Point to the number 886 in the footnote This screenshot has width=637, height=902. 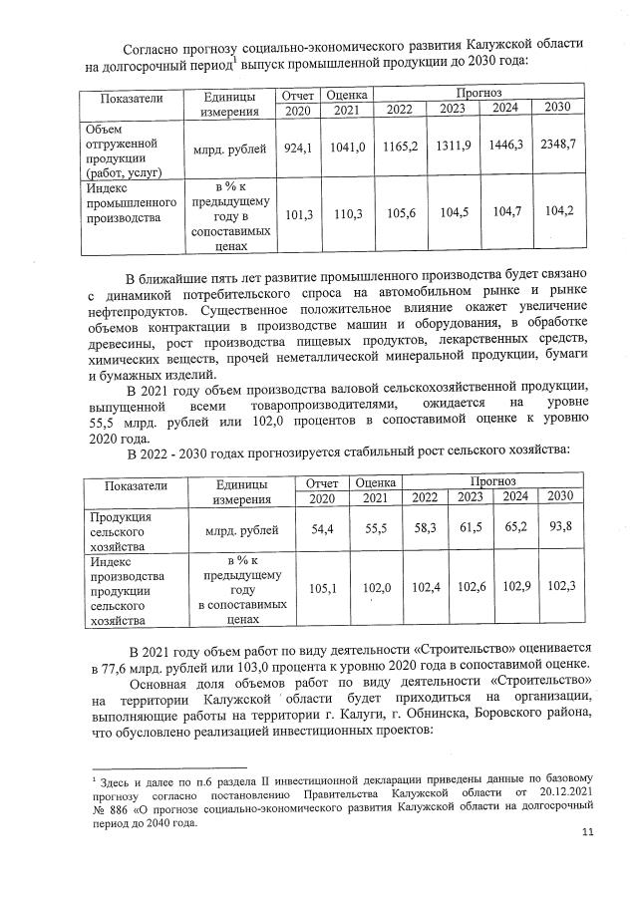pos(124,810)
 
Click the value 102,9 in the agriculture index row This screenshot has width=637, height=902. pos(515,588)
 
